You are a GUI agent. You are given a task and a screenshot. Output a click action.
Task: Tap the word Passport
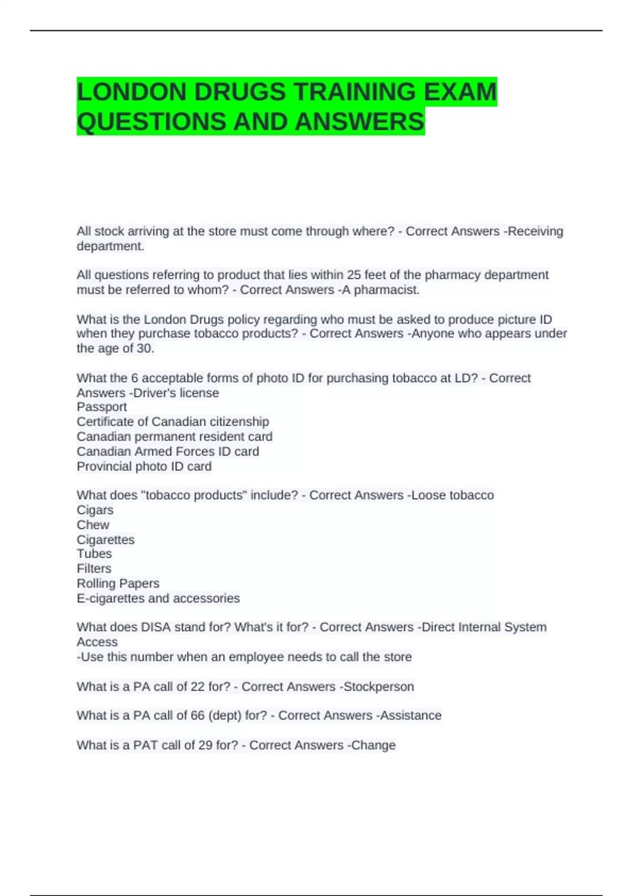[102, 407]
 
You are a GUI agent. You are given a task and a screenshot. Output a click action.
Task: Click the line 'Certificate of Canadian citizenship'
[172, 422]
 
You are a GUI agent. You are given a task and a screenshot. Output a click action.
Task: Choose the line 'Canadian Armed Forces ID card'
[168, 452]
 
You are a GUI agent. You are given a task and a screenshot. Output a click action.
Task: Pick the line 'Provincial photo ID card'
[144, 466]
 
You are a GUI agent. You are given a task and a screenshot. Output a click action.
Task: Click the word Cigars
[95, 510]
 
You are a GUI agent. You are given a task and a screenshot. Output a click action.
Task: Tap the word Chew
[93, 525]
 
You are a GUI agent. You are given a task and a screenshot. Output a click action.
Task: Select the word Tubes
[94, 554]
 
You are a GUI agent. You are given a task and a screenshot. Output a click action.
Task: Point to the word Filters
[94, 569]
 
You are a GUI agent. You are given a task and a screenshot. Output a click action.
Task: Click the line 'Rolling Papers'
[118, 583]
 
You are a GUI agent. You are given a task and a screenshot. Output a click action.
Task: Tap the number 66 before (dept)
[197, 716]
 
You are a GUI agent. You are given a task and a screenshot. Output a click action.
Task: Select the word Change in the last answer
[373, 745]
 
